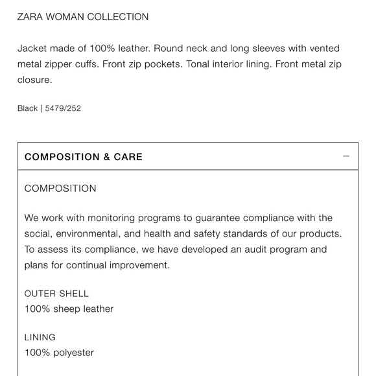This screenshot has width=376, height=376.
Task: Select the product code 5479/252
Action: pyautogui.click(x=63, y=108)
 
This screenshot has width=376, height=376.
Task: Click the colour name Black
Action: pyautogui.click(x=27, y=108)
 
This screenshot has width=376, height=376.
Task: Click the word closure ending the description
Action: pyautogui.click(x=34, y=80)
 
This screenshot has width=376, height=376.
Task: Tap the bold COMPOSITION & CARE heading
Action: pyautogui.click(x=84, y=157)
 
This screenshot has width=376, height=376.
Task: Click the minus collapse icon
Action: pyautogui.click(x=346, y=156)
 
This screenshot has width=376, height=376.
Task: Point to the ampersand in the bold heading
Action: pyautogui.click(x=106, y=157)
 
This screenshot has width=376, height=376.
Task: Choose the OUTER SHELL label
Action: pyautogui.click(x=56, y=294)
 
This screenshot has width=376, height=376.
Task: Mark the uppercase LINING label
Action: pyautogui.click(x=40, y=337)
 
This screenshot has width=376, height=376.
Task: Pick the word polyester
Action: pyautogui.click(x=73, y=353)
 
